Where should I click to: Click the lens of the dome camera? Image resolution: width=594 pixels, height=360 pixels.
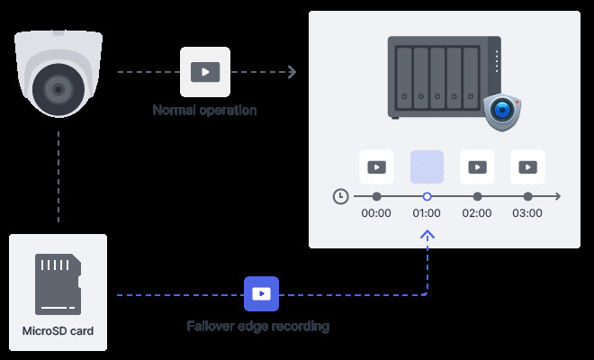tap(58, 91)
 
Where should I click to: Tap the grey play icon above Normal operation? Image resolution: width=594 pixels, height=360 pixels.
tap(205, 72)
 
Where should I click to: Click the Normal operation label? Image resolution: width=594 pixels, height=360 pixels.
tap(204, 111)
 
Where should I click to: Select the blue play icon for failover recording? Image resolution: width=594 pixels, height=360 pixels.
tap(261, 293)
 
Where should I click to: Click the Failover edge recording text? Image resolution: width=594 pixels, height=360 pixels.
tap(257, 327)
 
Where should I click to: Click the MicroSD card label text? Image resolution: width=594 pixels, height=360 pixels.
tap(58, 331)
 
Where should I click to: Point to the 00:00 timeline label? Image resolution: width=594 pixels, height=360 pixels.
tap(376, 214)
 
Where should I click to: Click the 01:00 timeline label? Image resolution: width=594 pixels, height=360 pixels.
tap(427, 214)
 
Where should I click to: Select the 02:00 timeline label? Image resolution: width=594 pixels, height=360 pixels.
tap(477, 214)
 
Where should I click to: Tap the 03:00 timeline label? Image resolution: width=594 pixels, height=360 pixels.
tap(527, 214)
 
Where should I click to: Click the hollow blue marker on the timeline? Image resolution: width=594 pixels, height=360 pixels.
tap(427, 196)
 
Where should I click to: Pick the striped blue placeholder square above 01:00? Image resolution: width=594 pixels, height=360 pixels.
tap(427, 166)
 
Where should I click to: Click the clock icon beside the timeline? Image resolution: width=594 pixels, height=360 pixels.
tap(340, 196)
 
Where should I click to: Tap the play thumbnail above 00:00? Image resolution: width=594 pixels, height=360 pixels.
tap(376, 166)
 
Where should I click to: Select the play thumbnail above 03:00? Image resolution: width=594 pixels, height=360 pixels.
tap(527, 166)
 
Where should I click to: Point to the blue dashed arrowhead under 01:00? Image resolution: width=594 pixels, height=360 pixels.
tap(427, 234)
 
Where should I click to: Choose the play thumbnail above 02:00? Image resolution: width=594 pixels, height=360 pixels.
tap(477, 166)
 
